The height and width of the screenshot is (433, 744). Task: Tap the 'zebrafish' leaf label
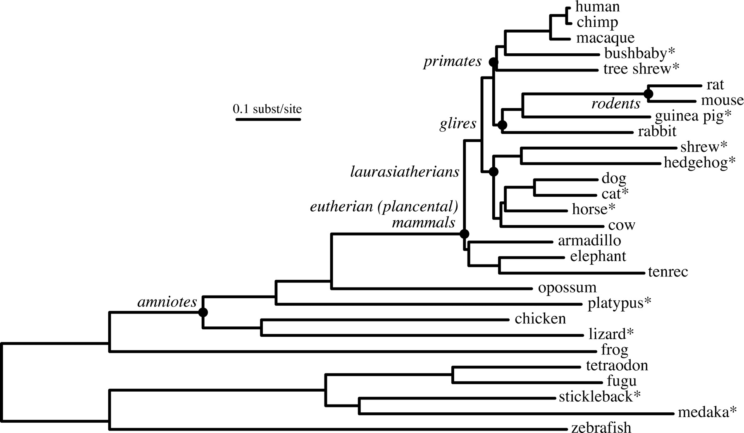[601, 427]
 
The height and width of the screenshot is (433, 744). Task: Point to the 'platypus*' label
[619, 303]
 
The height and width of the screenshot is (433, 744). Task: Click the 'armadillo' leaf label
[589, 240]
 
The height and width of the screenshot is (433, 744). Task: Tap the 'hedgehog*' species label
[699, 162]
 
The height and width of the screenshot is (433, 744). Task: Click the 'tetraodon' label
[617, 365]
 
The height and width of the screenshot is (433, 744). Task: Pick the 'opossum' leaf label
[567, 288]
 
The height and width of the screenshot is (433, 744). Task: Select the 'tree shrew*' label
[641, 69]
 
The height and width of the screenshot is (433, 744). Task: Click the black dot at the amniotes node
[203, 312]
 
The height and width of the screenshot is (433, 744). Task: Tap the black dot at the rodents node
[648, 94]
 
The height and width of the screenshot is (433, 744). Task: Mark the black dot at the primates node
[493, 62]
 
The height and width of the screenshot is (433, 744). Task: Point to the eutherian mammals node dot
[464, 234]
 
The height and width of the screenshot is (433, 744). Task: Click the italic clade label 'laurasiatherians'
[405, 172]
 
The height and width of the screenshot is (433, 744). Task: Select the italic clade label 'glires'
[458, 123]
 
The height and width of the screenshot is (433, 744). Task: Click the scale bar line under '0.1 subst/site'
[268, 120]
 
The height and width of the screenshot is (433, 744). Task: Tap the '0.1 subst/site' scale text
[267, 109]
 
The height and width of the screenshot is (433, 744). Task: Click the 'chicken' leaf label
[540, 319]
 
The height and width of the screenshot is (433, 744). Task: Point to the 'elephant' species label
[598, 256]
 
